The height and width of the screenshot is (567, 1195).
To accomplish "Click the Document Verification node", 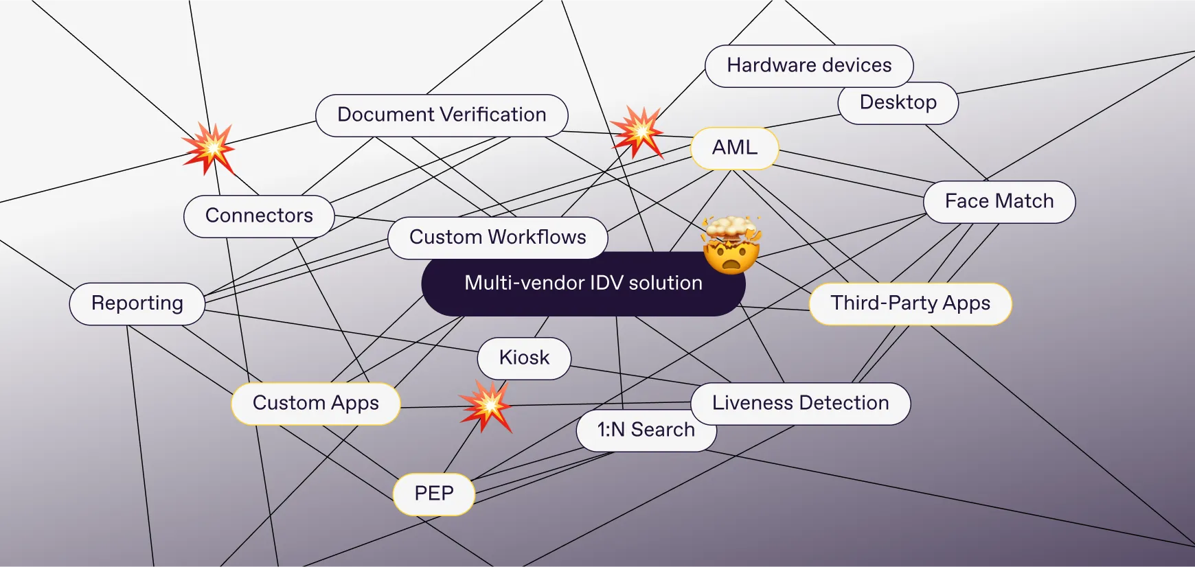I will point(442,115).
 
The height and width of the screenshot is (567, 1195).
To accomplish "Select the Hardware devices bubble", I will point(809,66).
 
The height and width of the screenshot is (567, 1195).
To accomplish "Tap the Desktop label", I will point(898,103).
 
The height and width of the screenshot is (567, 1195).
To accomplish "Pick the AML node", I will point(734,148).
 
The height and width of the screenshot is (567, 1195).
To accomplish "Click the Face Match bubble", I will point(999,202).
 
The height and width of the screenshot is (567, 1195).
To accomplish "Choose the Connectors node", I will point(259,216).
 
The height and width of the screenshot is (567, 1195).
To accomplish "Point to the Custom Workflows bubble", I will point(497,238).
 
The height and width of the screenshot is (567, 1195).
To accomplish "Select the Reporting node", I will point(137,303).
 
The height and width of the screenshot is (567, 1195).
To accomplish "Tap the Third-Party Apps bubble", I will point(910,303).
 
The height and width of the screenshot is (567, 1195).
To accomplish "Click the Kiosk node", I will point(524,358).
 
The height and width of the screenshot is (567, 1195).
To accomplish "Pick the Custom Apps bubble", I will point(315,403).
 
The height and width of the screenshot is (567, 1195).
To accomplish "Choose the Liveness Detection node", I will point(800,403).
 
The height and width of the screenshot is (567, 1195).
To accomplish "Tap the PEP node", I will point(433,494).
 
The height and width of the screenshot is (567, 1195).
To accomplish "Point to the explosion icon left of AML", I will point(637,131).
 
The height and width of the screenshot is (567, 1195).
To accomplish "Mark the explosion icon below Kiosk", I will point(487,406).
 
